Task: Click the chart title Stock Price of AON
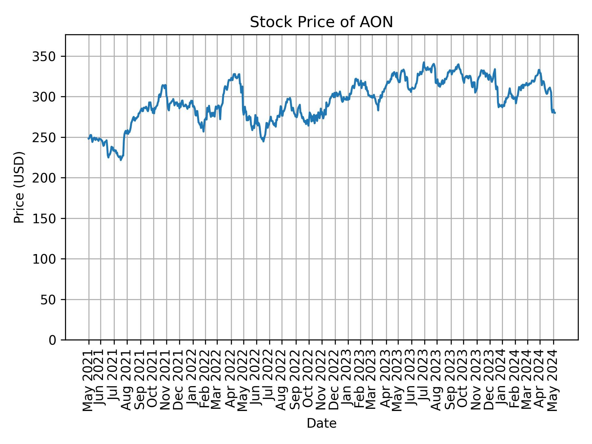click(321, 23)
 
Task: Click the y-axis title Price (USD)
click(19, 187)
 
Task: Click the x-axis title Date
click(321, 423)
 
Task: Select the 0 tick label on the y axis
click(52, 340)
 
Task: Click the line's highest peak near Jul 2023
click(424, 62)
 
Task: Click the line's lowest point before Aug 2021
click(121, 160)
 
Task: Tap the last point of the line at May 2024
click(555, 113)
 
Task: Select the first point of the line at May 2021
click(88, 139)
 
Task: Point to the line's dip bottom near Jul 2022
click(263, 142)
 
